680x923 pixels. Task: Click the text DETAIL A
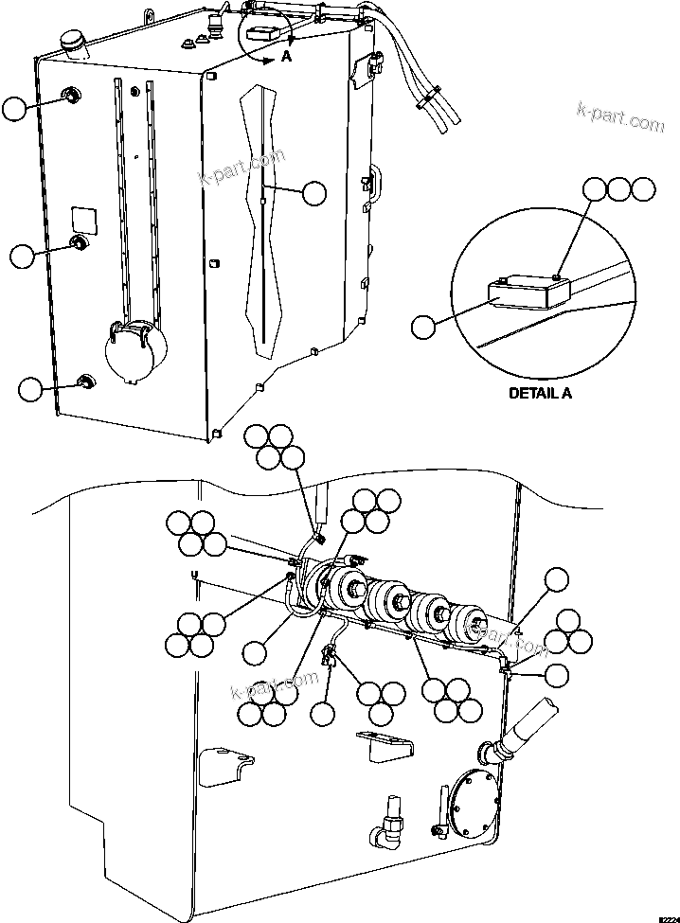540,393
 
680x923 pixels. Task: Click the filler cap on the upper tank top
72,42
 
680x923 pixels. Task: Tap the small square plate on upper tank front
85,218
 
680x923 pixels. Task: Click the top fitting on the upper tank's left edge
70,95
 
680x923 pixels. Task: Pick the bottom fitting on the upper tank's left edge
84,382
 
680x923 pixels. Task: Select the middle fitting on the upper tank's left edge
80,245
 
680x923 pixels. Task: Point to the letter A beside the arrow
286,59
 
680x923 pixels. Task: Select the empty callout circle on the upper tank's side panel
313,193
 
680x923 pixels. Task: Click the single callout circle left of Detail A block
424,327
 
